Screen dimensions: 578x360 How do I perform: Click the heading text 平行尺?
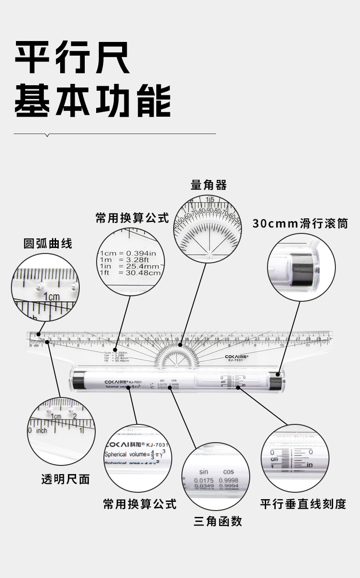pyautogui.click(x=72, y=58)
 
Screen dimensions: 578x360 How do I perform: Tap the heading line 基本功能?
pyautogui.click(x=93, y=100)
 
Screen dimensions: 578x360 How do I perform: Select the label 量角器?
pyautogui.click(x=208, y=185)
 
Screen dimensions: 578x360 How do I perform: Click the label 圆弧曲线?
pyautogui.click(x=48, y=243)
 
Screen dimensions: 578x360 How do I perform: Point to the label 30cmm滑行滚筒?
pyautogui.click(x=300, y=223)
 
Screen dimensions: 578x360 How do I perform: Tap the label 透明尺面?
pyautogui.click(x=66, y=479)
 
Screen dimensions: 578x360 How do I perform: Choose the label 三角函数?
pyautogui.click(x=217, y=521)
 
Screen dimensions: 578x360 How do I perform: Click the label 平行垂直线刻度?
pyautogui.click(x=303, y=504)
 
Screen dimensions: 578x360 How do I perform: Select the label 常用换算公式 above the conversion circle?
pyautogui.click(x=132, y=218)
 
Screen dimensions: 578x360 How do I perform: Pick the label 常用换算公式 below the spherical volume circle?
pyautogui.click(x=139, y=504)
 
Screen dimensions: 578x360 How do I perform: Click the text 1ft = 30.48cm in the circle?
pyautogui.click(x=130, y=273)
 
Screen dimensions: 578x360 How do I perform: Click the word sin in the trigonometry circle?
pyautogui.click(x=203, y=472)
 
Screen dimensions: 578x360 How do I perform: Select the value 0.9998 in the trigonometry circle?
pyautogui.click(x=228, y=480)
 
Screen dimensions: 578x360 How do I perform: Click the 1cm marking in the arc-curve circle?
pyautogui.click(x=51, y=297)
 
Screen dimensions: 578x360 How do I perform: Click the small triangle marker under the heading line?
pyautogui.click(x=47, y=135)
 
